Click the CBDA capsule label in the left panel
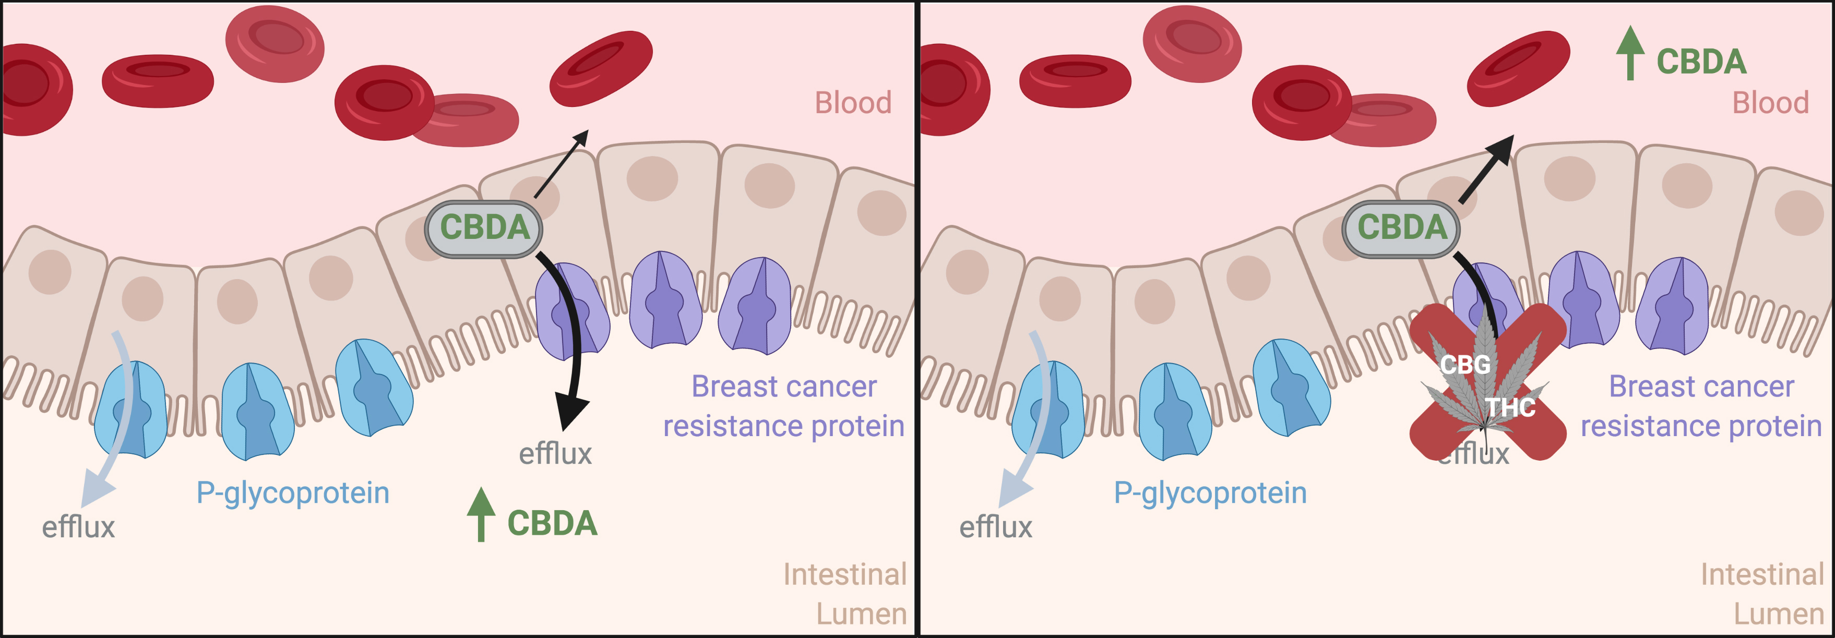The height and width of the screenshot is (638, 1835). click(484, 228)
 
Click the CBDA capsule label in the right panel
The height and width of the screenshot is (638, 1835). click(1401, 228)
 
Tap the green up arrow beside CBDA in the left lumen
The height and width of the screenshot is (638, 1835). click(481, 514)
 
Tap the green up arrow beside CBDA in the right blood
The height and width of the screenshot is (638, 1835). click(1630, 52)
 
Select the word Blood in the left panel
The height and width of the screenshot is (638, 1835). click(853, 103)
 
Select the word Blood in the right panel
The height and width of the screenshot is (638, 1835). click(1770, 103)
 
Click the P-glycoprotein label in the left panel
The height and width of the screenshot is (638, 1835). click(293, 493)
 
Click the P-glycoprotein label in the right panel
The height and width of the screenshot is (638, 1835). click(1210, 493)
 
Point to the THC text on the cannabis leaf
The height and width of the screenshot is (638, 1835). click(1509, 407)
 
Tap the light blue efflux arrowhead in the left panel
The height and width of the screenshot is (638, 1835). click(96, 491)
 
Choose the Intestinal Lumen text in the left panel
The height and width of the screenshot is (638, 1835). click(845, 593)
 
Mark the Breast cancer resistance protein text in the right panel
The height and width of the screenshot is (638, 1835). click(1701, 406)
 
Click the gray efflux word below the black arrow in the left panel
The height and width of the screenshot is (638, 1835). click(555, 453)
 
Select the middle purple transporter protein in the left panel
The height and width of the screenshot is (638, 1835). click(665, 300)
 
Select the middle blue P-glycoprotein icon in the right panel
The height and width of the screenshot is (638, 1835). click(1175, 412)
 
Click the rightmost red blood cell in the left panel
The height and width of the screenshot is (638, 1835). click(601, 68)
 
